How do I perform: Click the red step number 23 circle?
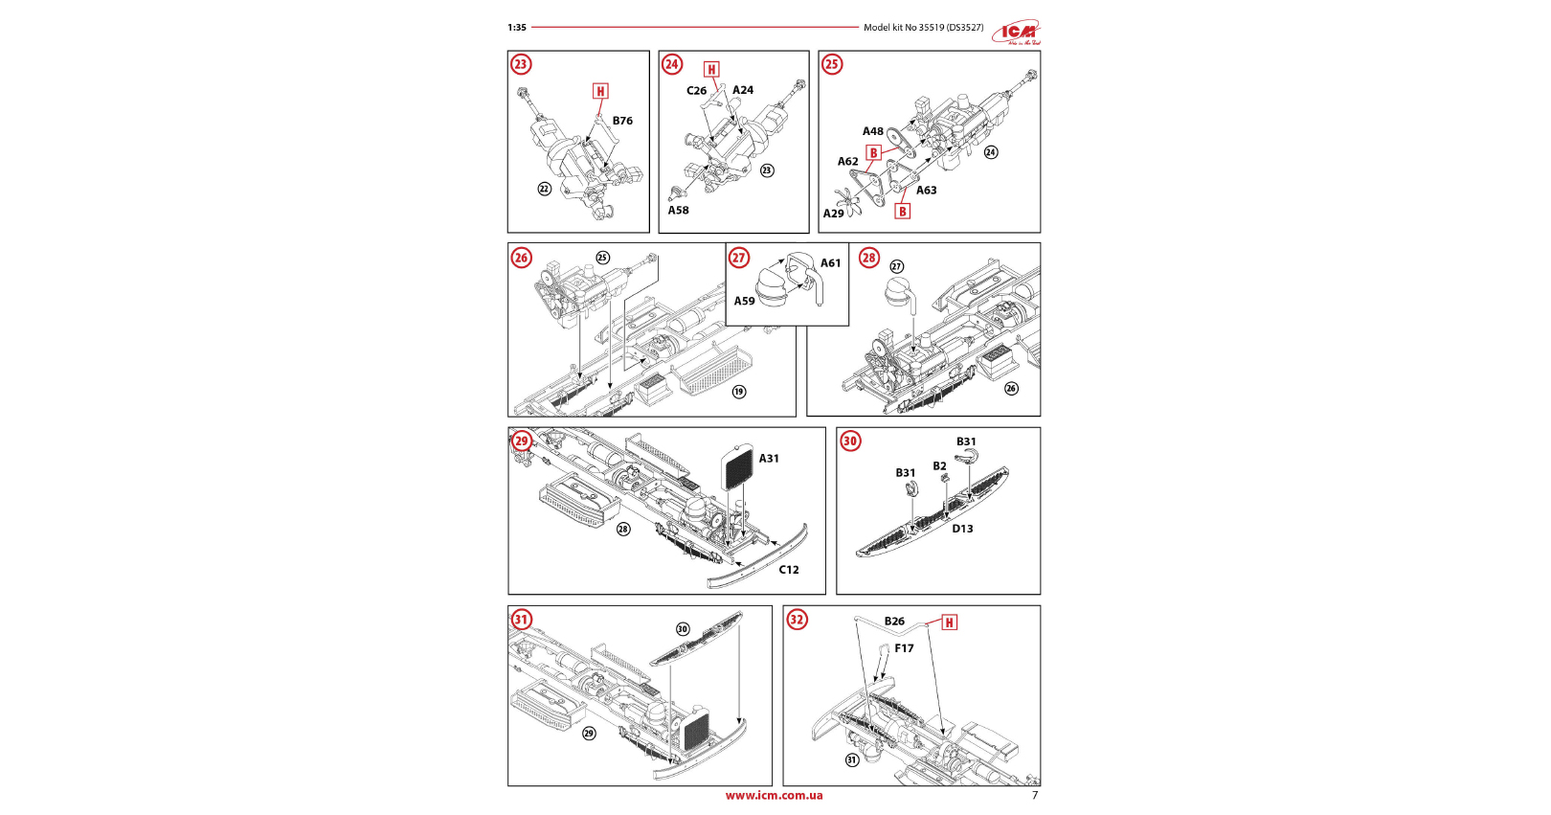coord(521,64)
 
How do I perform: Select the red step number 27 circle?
coord(739,258)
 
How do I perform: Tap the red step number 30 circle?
coord(850,441)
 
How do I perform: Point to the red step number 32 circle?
coord(797,620)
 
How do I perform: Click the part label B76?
coord(622,121)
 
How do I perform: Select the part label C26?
coord(696,91)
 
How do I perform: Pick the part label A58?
coord(678,211)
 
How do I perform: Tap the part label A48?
coord(872,132)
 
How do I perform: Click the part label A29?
coord(833,214)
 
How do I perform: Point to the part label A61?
coord(830,263)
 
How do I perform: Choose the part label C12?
coord(788,570)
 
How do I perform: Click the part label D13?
coord(962,529)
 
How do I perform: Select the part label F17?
coord(904,648)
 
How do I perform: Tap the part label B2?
coord(939,466)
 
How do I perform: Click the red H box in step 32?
coord(949,623)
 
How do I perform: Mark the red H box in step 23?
coord(600,91)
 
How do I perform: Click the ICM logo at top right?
coord(1016,33)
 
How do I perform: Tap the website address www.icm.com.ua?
coord(774,795)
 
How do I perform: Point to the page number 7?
coord(1034,795)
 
